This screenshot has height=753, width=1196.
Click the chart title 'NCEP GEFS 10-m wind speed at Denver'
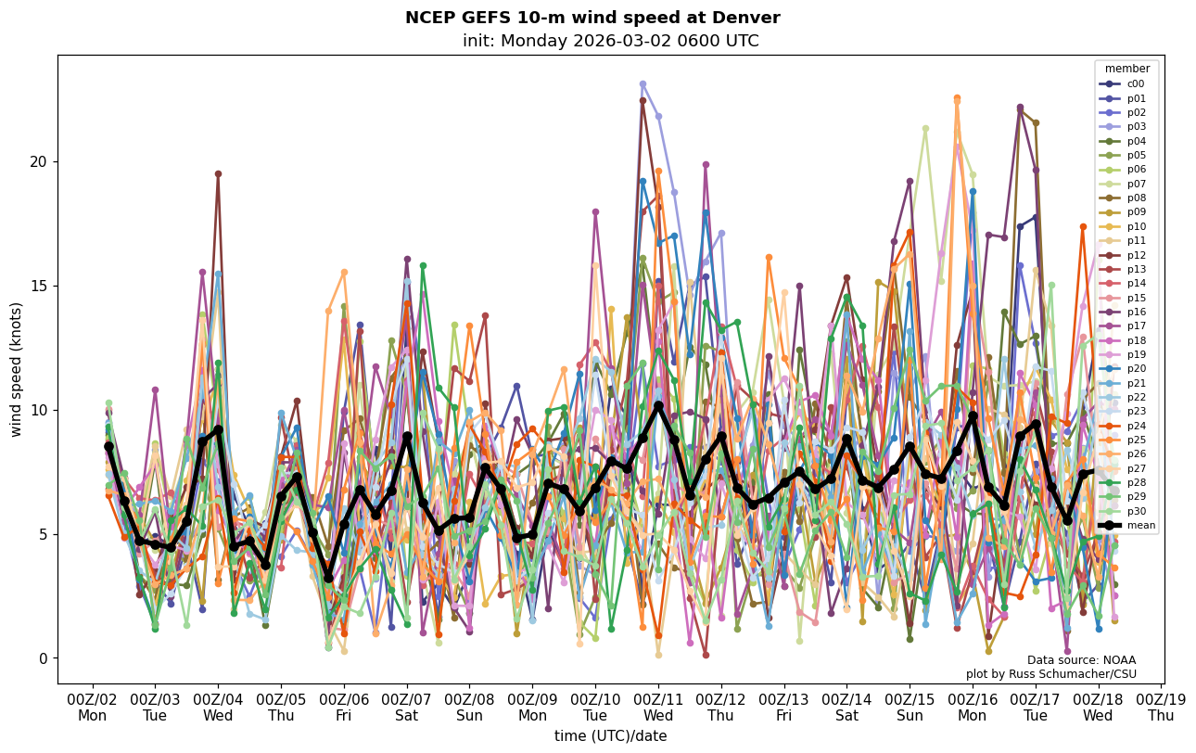coord(592,18)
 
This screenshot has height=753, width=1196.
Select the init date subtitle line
coord(610,41)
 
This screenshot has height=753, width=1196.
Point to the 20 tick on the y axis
coord(39,161)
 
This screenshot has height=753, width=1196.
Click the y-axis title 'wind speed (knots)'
coord(16,369)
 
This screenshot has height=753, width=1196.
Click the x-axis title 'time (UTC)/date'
coord(610,735)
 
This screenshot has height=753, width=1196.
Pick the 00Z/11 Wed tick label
coord(658,708)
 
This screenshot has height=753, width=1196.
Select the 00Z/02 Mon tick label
coord(92,708)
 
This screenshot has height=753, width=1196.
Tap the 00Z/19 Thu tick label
coord(1161,708)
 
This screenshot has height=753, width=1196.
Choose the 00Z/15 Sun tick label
coord(910,708)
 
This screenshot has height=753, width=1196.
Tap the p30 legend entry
coord(1136,511)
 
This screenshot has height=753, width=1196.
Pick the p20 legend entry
coord(1136,369)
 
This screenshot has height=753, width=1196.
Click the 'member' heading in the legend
coord(1127,69)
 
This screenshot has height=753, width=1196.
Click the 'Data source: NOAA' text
coord(1081,660)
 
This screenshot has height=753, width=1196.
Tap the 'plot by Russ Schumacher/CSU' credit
coord(1050,674)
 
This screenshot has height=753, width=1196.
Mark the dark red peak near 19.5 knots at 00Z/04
coord(218,173)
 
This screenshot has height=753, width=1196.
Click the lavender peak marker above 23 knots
coord(643,84)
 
